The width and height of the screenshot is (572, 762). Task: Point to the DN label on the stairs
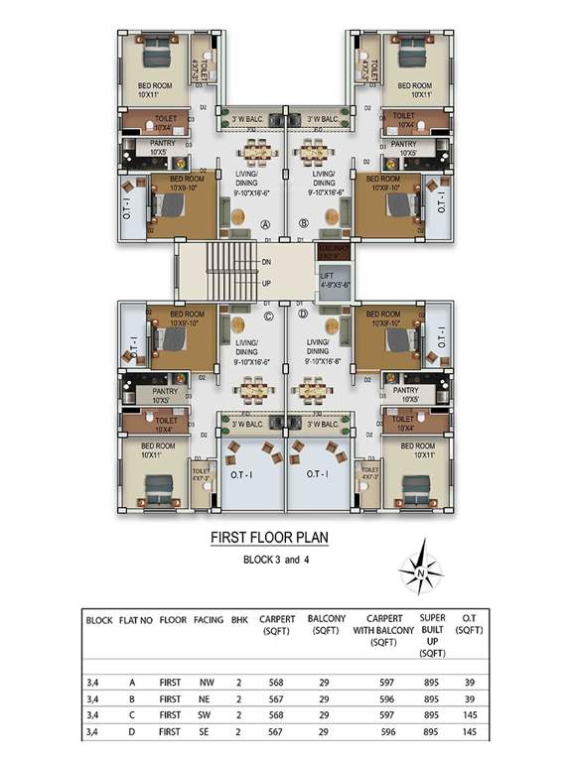(266, 262)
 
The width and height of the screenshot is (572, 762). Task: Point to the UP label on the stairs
(266, 283)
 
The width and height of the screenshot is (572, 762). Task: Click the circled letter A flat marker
(265, 224)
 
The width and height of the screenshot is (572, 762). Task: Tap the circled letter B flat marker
(304, 224)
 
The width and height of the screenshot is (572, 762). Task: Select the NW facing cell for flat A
(207, 682)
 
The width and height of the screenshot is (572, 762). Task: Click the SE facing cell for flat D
(207, 732)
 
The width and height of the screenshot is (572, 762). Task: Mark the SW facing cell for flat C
(207, 715)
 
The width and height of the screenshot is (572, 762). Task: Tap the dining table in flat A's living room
(257, 153)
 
